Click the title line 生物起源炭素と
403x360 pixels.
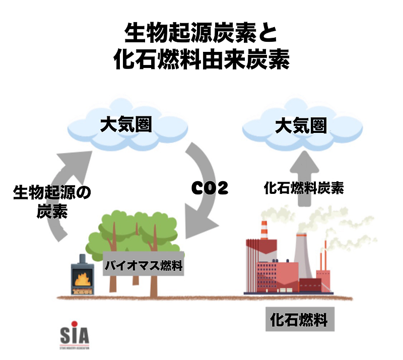click(x=201, y=34)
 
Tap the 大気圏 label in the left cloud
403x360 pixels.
click(x=125, y=125)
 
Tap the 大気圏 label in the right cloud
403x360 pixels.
click(x=301, y=125)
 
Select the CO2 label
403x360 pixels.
click(x=210, y=188)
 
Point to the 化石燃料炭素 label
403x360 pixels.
click(x=304, y=188)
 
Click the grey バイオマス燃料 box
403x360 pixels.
click(x=143, y=265)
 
